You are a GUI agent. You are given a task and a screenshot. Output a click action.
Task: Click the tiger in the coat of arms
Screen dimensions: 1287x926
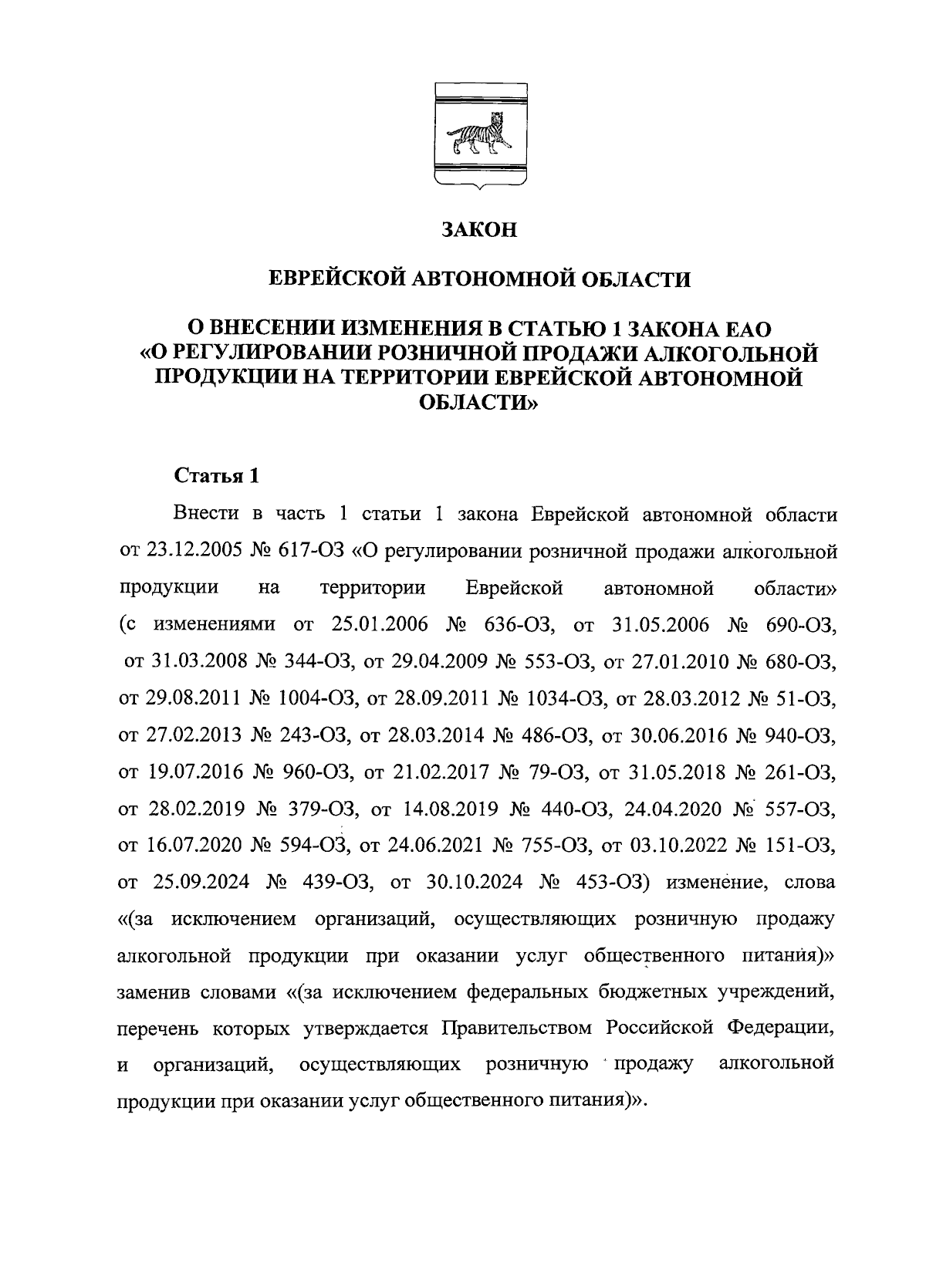click(x=478, y=136)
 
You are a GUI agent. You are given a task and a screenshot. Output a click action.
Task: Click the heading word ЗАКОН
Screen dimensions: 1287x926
click(x=478, y=230)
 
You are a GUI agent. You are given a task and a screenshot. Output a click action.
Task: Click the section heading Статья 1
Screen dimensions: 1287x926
click(x=215, y=475)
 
